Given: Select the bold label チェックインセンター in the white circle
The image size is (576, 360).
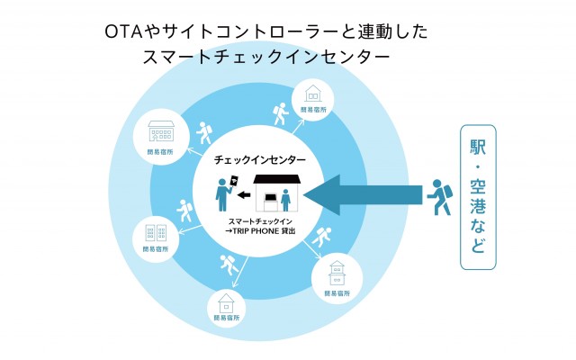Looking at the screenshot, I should coord(260,159).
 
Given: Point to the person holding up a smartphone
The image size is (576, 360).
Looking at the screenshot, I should coord(221,194).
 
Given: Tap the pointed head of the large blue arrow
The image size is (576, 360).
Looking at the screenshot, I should coord(317,193).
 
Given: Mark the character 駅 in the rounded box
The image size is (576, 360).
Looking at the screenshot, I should coord(479,147).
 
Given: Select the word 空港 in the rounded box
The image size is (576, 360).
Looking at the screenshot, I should coord(479,198).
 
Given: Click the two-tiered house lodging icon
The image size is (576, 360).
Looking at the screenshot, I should coord(335,269).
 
